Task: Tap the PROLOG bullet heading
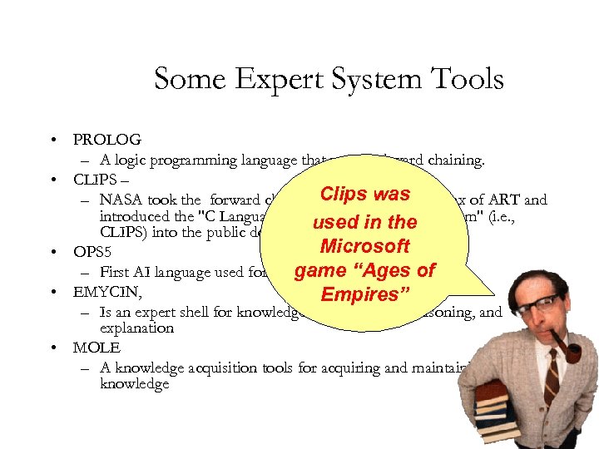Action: click(x=107, y=141)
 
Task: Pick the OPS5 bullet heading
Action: click(x=92, y=252)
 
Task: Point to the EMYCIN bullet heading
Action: click(x=106, y=292)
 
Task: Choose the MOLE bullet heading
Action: click(x=97, y=348)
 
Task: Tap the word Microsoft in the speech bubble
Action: click(x=364, y=247)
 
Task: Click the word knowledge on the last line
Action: click(x=134, y=384)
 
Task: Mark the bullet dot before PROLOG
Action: click(x=52, y=141)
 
